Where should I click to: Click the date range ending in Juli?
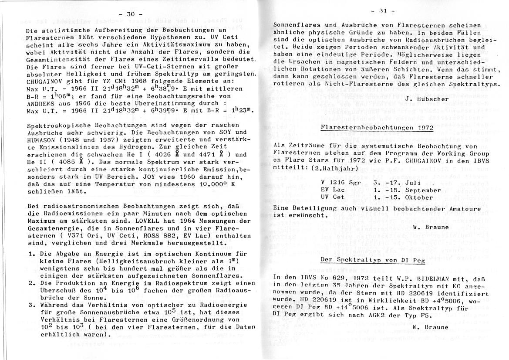(x=394, y=183)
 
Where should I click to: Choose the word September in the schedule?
(x=422, y=190)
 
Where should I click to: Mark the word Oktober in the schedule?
(x=415, y=197)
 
